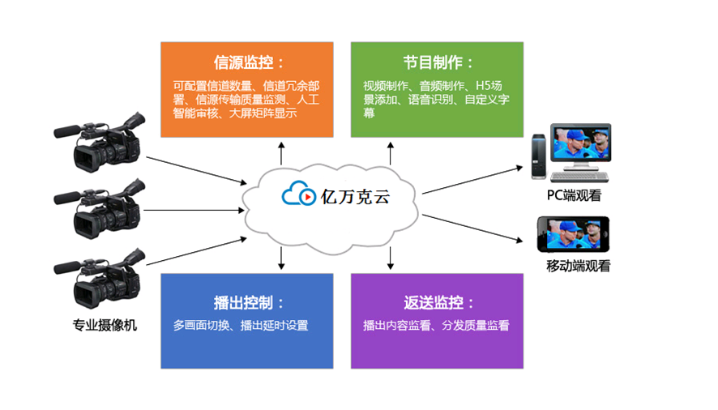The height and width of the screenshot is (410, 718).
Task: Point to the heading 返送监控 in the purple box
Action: pyautogui.click(x=438, y=303)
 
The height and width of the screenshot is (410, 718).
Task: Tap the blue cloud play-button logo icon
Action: pyautogui.click(x=299, y=195)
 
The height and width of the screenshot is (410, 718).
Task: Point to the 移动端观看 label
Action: pyautogui.click(x=578, y=266)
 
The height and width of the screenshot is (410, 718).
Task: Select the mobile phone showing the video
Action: pyautogui.click(x=573, y=235)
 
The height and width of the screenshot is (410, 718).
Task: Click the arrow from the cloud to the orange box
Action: pyautogui.click(x=281, y=152)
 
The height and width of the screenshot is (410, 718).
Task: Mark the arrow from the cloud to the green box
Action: pyautogui.click(x=390, y=152)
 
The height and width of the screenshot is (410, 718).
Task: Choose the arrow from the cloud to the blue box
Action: pyautogui.click(x=281, y=257)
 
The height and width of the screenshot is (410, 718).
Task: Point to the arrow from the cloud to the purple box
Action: pyautogui.click(x=390, y=257)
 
